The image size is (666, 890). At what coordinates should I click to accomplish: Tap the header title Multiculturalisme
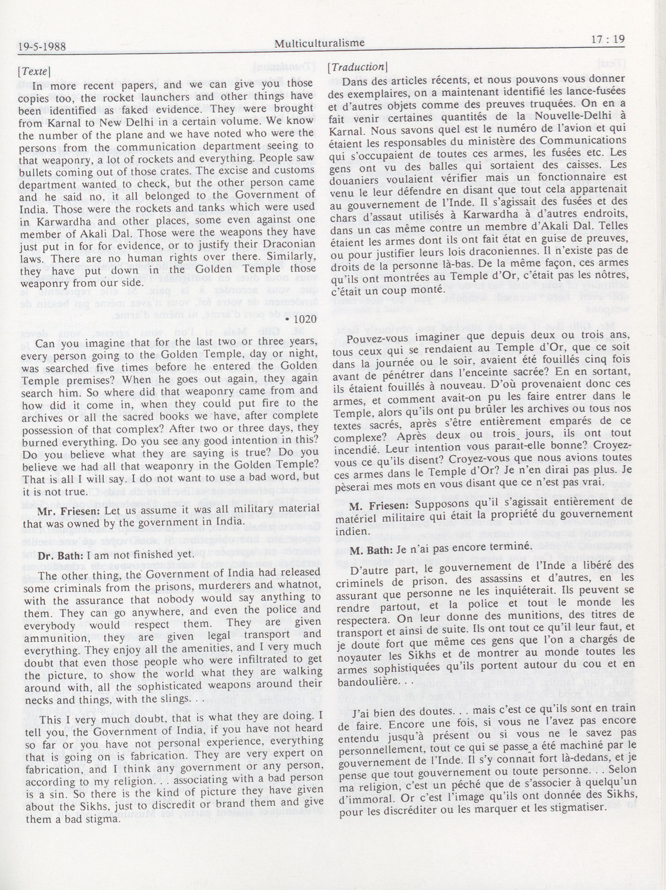pos(320,43)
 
